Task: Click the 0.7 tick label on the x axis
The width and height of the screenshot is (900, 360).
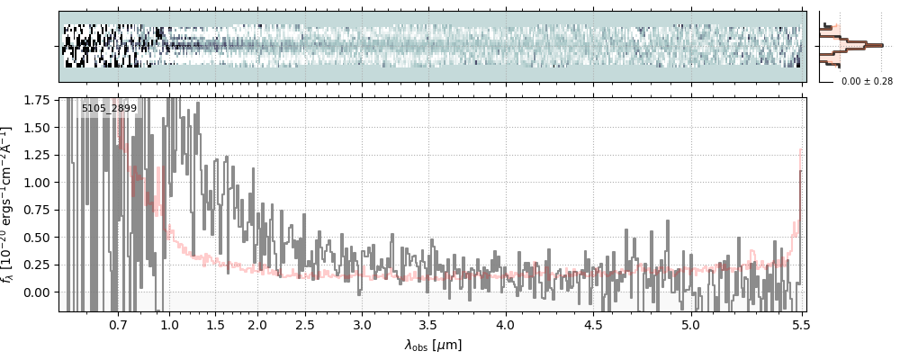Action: [x=118, y=325]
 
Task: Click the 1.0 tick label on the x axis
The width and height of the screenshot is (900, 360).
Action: [x=169, y=325]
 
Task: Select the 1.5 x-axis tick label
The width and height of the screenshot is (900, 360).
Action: [x=216, y=325]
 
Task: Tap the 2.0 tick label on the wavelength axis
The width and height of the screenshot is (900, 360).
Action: [x=257, y=325]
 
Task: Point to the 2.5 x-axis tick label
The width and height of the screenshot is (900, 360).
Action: [x=305, y=325]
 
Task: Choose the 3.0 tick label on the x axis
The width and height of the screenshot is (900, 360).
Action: [x=362, y=325]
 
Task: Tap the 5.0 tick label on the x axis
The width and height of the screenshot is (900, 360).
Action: [x=690, y=325]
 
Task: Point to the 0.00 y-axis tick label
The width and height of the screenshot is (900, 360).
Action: [x=40, y=292]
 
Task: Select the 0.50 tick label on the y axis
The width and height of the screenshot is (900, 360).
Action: [x=40, y=238]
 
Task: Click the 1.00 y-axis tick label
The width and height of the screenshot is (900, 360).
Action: [x=40, y=183]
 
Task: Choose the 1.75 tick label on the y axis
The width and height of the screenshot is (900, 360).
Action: [x=40, y=100]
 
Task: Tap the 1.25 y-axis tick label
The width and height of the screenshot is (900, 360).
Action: [x=40, y=155]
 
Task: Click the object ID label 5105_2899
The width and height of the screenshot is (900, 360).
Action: [x=109, y=109]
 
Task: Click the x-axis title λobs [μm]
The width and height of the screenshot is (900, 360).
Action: [x=433, y=345]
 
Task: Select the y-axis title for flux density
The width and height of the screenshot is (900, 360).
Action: [x=12, y=204]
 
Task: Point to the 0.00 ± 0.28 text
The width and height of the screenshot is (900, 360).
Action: [x=867, y=82]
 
